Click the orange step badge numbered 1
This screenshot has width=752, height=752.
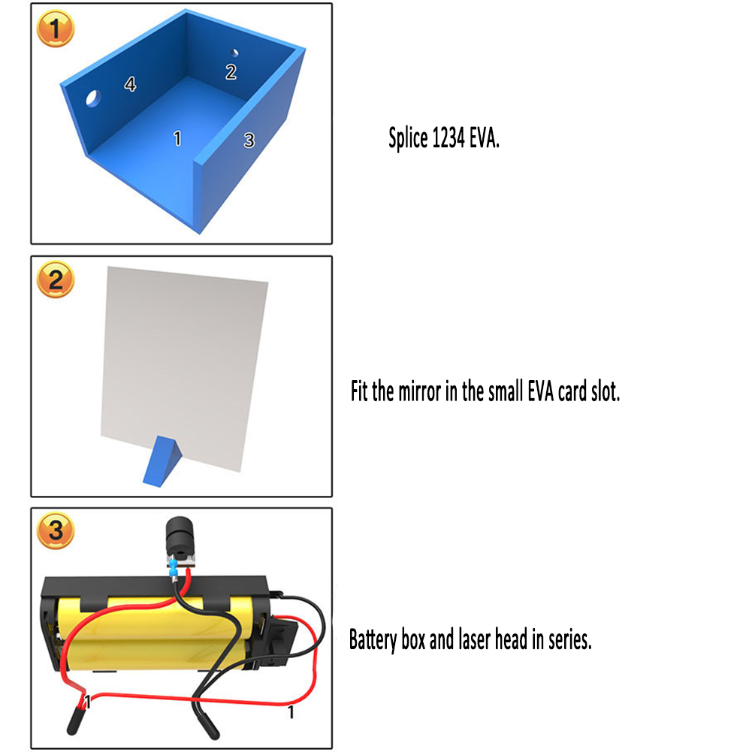(x=56, y=29)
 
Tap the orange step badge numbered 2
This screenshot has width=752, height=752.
(x=56, y=279)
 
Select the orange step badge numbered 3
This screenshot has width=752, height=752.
(x=56, y=530)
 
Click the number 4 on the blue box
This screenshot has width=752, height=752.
(x=130, y=84)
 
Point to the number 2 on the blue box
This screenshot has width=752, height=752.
(x=231, y=72)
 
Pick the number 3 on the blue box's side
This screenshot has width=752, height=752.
(x=249, y=140)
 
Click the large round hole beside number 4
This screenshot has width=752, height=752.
(x=93, y=98)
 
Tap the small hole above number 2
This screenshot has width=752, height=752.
(x=234, y=53)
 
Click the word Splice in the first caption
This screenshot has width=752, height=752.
(x=408, y=138)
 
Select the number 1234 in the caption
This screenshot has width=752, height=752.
(x=448, y=138)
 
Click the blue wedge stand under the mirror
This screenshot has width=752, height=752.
(x=162, y=461)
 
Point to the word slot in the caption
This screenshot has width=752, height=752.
(x=606, y=392)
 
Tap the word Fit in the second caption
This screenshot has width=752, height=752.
(x=359, y=391)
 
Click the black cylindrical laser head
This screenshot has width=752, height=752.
(x=180, y=536)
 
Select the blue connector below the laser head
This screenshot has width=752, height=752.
(x=173, y=570)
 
